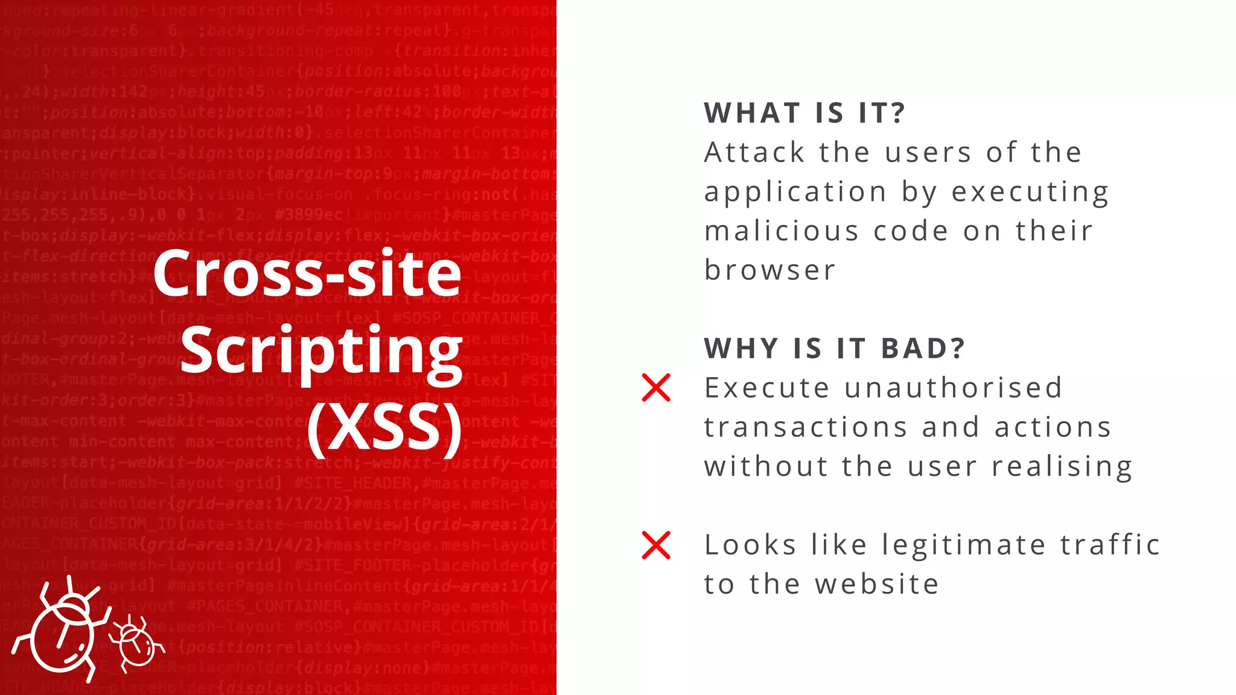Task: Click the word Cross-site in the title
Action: [x=307, y=273]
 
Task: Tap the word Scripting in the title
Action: [x=321, y=352]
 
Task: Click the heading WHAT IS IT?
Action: [x=805, y=113]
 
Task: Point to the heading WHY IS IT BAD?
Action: [x=835, y=349]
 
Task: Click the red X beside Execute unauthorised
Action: [x=656, y=387]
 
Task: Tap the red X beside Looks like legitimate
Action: [x=656, y=545]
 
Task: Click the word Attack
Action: [x=754, y=153]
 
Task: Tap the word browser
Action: [x=770, y=270]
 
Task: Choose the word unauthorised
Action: [x=954, y=388]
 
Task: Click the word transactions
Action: [x=806, y=427]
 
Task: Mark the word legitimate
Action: [x=964, y=545]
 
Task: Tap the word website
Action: [x=877, y=584]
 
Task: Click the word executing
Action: [x=1030, y=192]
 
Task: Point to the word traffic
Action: [x=1110, y=545]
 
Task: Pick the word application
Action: [x=795, y=192]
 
